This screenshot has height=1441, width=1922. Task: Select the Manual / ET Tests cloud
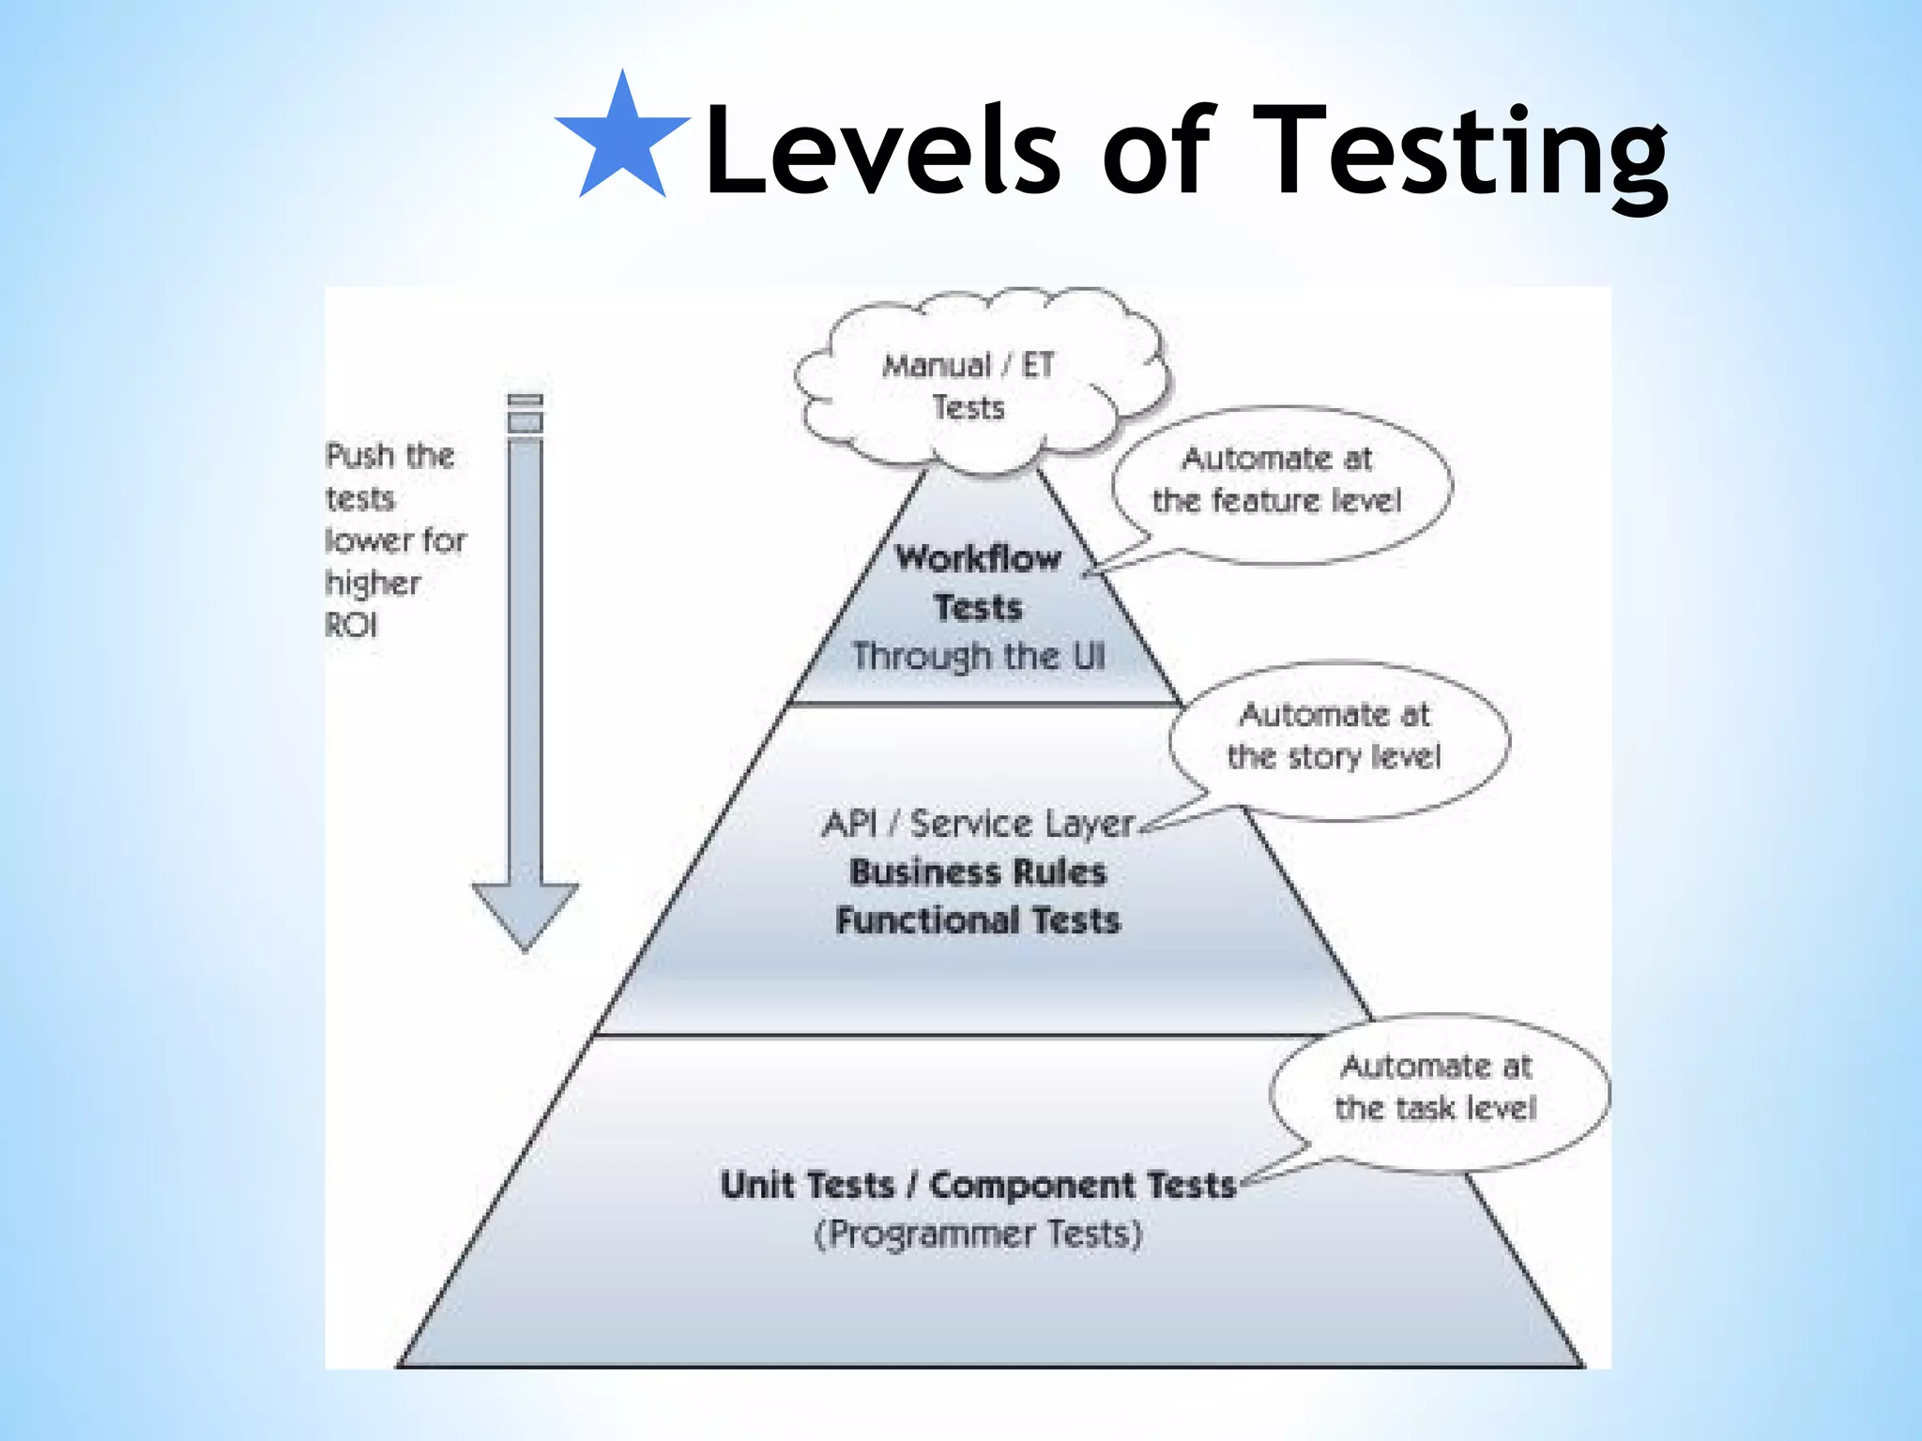[x=969, y=386]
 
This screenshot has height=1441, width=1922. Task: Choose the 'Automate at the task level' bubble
[x=1437, y=1087]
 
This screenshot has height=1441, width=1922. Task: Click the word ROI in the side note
[x=352, y=625]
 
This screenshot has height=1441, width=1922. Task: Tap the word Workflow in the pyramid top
[x=978, y=558]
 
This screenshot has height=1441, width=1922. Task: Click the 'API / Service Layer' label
[x=978, y=824]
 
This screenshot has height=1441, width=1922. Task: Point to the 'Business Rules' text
[x=978, y=872]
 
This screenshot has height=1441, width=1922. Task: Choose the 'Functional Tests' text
[x=978, y=920]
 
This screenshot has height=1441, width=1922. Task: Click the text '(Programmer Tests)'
[x=978, y=1234]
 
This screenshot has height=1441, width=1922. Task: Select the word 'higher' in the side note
[x=373, y=584]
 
